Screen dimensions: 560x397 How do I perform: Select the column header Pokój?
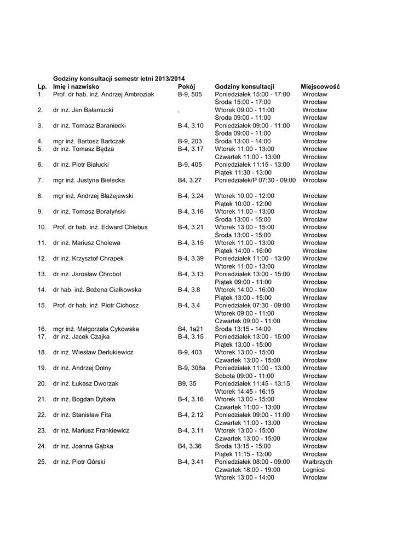[186, 86]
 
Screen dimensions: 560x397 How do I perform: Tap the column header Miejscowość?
[320, 86]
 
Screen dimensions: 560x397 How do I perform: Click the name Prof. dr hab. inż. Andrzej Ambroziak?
[103, 94]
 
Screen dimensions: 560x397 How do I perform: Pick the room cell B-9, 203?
[189, 141]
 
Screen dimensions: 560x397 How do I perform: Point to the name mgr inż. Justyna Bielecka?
[89, 180]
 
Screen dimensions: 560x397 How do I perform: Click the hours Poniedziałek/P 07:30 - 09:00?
[255, 180]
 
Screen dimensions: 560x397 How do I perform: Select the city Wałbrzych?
[317, 462]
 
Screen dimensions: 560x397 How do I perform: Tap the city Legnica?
[313, 469]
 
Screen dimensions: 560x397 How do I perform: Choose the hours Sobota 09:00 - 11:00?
[244, 376]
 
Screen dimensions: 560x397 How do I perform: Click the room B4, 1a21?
[190, 329]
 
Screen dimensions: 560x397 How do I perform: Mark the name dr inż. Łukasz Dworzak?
[85, 383]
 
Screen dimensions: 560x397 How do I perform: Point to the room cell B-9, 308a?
[191, 368]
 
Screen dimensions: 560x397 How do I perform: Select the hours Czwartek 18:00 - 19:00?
[248, 469]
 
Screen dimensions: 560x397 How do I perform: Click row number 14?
[42, 290]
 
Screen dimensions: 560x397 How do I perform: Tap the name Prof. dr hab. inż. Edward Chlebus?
[100, 227]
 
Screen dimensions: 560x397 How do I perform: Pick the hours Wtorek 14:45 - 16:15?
[244, 392]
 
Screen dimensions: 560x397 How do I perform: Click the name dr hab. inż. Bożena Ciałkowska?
[97, 290]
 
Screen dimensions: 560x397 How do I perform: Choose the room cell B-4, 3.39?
[191, 258]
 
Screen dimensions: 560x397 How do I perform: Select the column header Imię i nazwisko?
[76, 86]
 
